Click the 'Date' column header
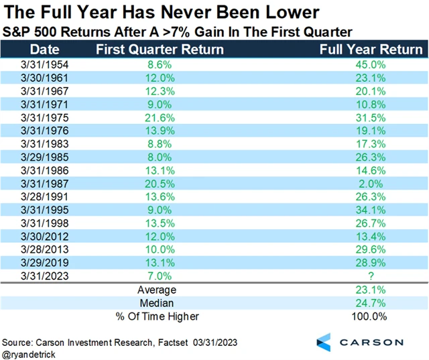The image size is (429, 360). point(44,50)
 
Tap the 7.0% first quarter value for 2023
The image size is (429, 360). point(157,275)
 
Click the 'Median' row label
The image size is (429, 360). point(157,303)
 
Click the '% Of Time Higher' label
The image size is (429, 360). point(157,316)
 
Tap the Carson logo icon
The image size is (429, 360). point(324,341)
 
